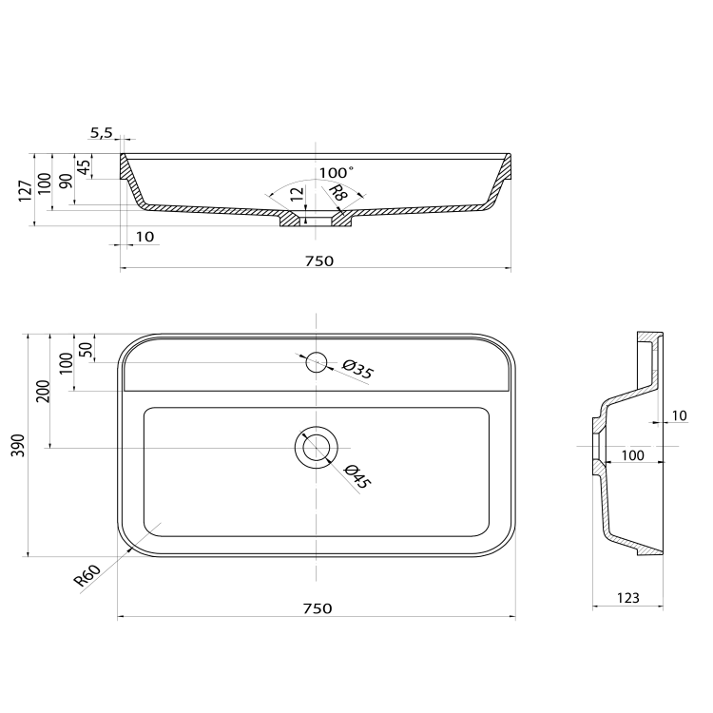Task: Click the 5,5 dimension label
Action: (101, 133)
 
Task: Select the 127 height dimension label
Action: (26, 191)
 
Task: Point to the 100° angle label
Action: (336, 173)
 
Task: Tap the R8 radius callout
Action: (337, 193)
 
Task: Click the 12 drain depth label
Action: (297, 194)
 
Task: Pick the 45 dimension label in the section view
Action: (84, 167)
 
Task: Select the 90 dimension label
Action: (66, 181)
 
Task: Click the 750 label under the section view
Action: (319, 261)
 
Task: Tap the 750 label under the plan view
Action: (318, 608)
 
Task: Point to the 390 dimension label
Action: (18, 446)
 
